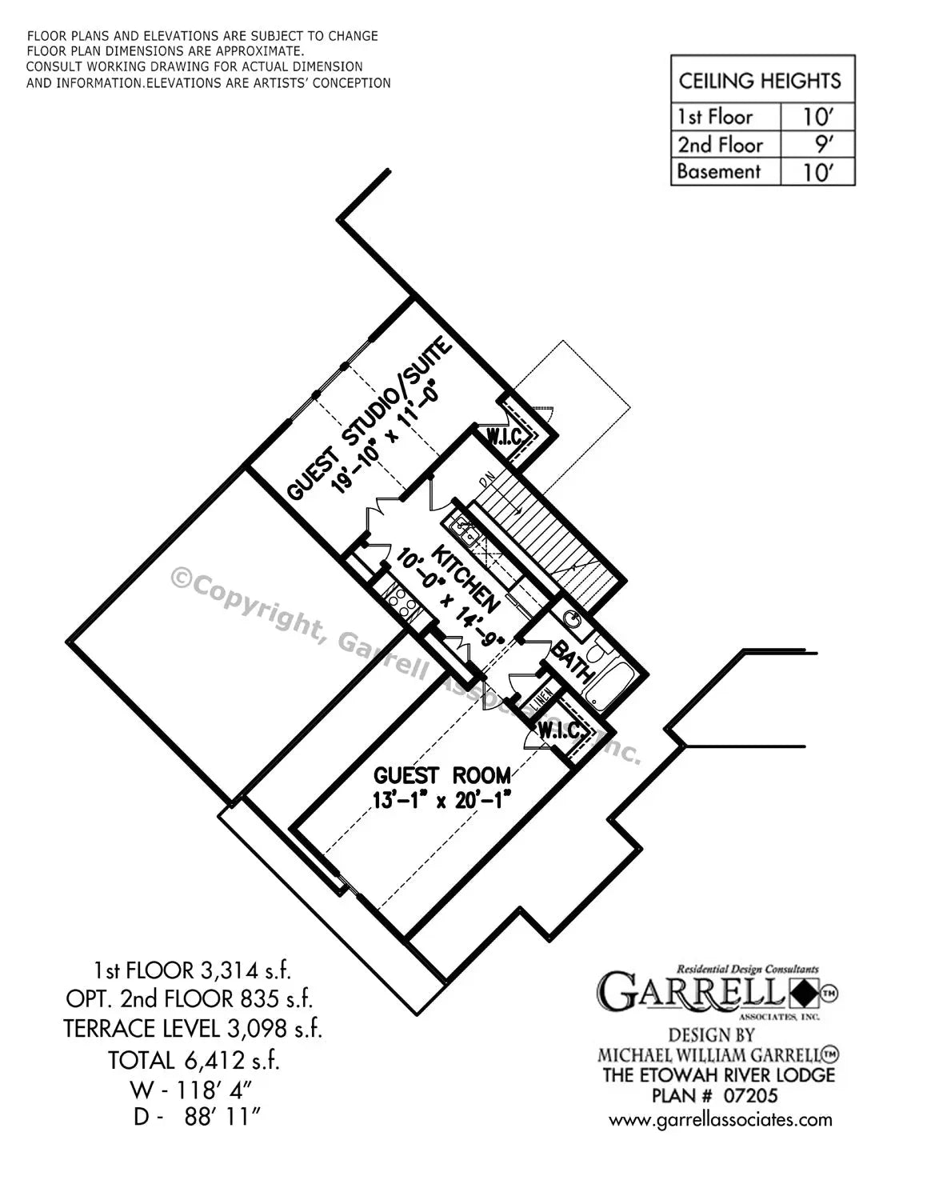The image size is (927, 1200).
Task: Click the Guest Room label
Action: (442, 774)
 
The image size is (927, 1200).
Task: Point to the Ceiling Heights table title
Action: (760, 80)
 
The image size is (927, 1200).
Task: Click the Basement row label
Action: (718, 171)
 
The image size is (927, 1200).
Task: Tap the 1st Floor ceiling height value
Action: (817, 117)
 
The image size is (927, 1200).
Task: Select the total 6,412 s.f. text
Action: (194, 1060)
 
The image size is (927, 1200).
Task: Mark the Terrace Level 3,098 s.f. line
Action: (194, 1028)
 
